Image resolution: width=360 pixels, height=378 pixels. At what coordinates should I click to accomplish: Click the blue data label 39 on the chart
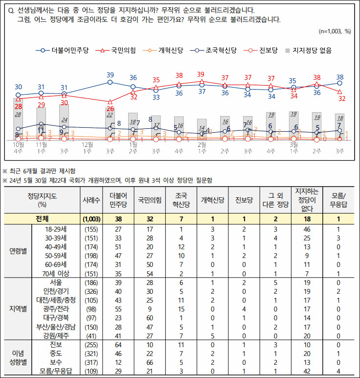(x=111, y=75)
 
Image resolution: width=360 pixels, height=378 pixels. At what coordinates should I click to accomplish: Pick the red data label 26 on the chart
(x=111, y=108)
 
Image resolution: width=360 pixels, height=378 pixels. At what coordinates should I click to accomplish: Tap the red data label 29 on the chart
(x=42, y=105)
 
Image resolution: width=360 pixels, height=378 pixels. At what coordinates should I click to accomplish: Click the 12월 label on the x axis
(x=88, y=145)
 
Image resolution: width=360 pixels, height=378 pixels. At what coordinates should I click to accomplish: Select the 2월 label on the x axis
(x=202, y=145)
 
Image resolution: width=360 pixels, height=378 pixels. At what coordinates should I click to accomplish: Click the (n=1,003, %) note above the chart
(x=335, y=31)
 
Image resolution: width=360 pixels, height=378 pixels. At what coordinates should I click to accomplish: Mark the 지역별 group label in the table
(x=19, y=308)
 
